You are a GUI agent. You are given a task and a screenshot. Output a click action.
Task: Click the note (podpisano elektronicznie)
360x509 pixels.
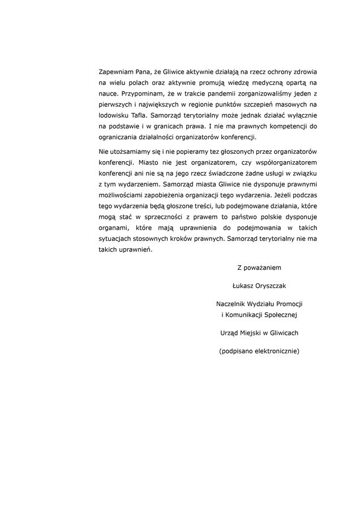pos(259,351)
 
